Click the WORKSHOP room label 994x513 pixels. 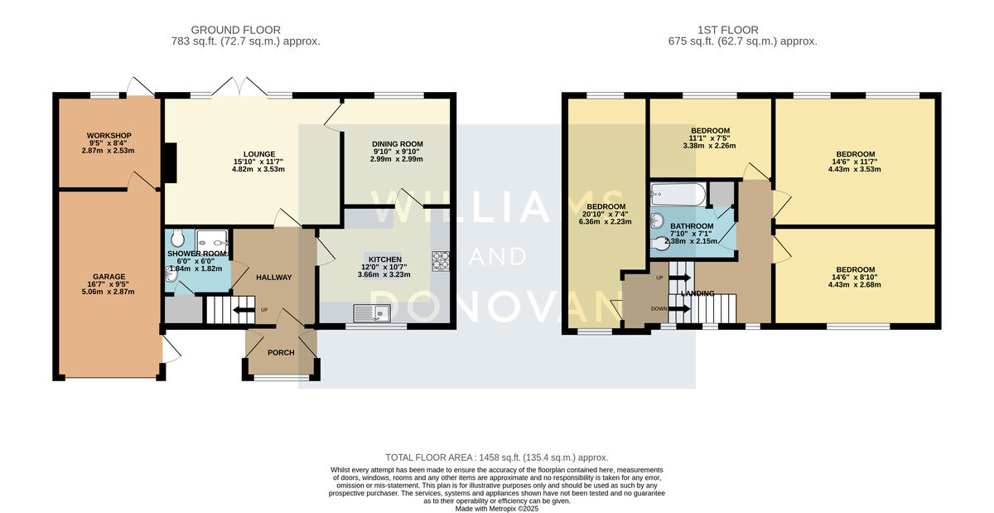pyautogui.click(x=109, y=135)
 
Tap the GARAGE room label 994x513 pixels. pyautogui.click(x=109, y=276)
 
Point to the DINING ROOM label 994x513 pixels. pyautogui.click(x=397, y=144)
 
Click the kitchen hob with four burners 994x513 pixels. pyautogui.click(x=440, y=261)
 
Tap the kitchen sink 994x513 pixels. pyautogui.click(x=372, y=313)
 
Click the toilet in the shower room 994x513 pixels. pyautogui.click(x=177, y=238)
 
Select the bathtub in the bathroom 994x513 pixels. pyautogui.click(x=678, y=195)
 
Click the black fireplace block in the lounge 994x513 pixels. pyautogui.click(x=171, y=162)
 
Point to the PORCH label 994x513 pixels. pyautogui.click(x=281, y=352)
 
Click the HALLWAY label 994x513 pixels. pyautogui.click(x=274, y=277)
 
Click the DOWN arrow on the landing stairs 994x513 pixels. pyautogui.click(x=679, y=308)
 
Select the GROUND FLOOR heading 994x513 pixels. pyautogui.click(x=235, y=30)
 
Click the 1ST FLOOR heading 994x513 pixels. pyautogui.click(x=728, y=30)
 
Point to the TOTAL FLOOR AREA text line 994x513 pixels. pyautogui.click(x=496, y=457)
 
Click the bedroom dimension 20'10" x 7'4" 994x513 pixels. pyautogui.click(x=606, y=214)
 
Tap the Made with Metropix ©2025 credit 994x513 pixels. pyautogui.click(x=497, y=509)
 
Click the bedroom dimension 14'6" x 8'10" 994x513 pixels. pyautogui.click(x=855, y=277)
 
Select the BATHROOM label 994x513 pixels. pyautogui.click(x=692, y=226)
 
